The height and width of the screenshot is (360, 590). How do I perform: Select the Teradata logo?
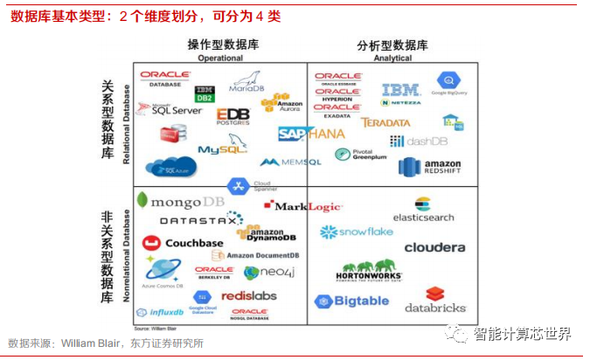pyautogui.click(x=385, y=123)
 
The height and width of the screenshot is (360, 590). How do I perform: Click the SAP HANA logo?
pyautogui.click(x=310, y=134)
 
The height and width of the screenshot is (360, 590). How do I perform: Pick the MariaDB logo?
pyautogui.click(x=246, y=86)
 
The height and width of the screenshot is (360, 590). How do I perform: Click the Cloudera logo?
pyautogui.click(x=434, y=247)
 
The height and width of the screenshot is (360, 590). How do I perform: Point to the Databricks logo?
pyautogui.click(x=435, y=300)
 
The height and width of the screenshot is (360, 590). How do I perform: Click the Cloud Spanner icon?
pyautogui.click(x=239, y=185)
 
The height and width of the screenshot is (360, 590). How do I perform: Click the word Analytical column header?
pyautogui.click(x=392, y=58)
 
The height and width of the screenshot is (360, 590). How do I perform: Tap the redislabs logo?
pyautogui.click(x=248, y=295)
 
